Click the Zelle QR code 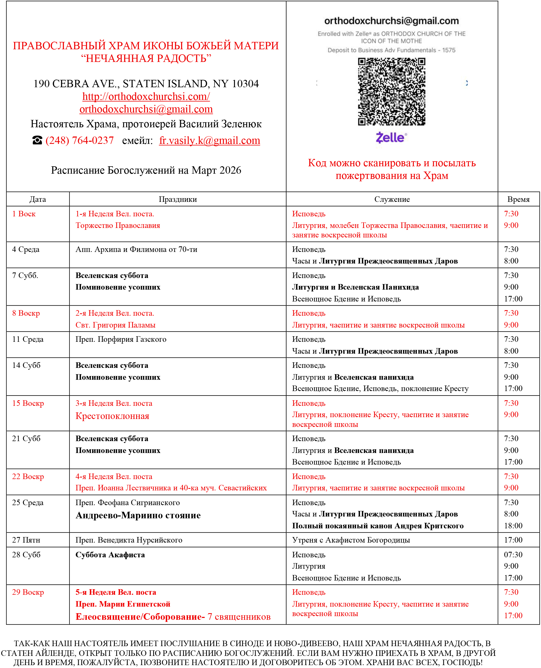pyautogui.click(x=391, y=92)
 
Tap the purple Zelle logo pyautogui.click(x=391, y=137)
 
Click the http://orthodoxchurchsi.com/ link pyautogui.click(x=146, y=96)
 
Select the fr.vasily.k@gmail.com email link pyautogui.click(x=209, y=140)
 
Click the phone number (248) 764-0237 pyautogui.click(x=80, y=140)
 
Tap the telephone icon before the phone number pyautogui.click(x=37, y=140)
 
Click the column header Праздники pyautogui.click(x=178, y=199)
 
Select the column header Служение pyautogui.click(x=392, y=199)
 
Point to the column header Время pyautogui.click(x=518, y=199)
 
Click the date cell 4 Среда pyautogui.click(x=26, y=249)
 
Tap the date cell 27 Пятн pyautogui.click(x=26, y=540)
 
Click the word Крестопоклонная pyautogui.click(x=112, y=416)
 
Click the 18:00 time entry pyautogui.click(x=513, y=525)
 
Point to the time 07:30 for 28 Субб pyautogui.click(x=513, y=554)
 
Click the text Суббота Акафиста pyautogui.click(x=110, y=554)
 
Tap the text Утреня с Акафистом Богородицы pyautogui.click(x=351, y=540)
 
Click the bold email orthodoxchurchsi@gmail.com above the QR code pyautogui.click(x=391, y=21)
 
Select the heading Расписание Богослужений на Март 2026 pyautogui.click(x=146, y=170)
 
